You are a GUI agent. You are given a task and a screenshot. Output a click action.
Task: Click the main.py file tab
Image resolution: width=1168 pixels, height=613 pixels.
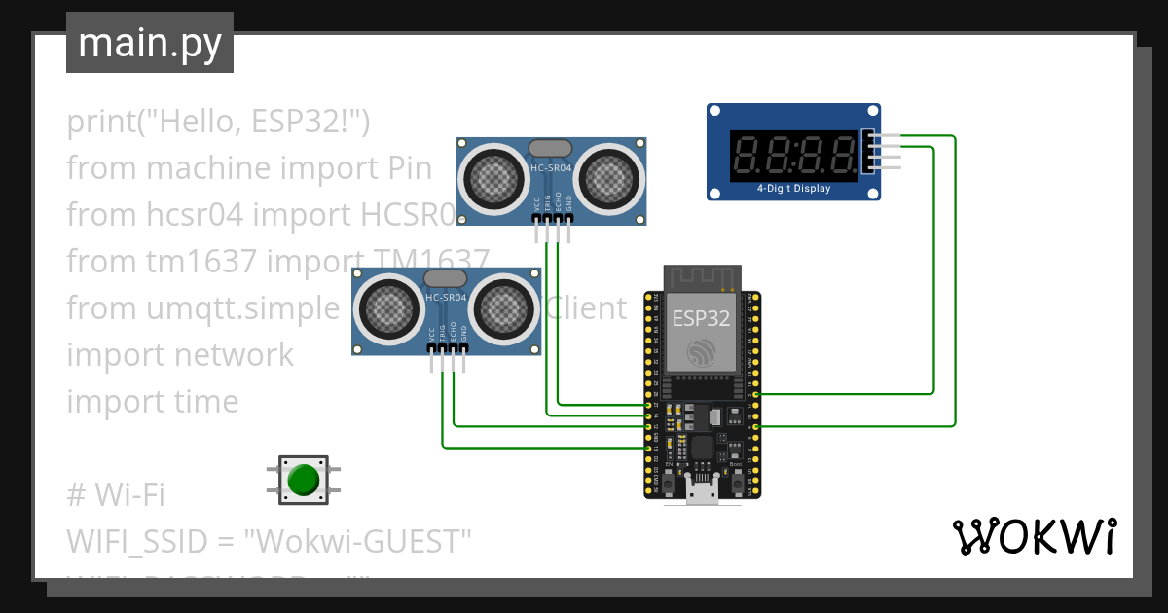149,43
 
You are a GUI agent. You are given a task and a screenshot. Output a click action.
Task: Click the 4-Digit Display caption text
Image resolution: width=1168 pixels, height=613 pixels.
793,189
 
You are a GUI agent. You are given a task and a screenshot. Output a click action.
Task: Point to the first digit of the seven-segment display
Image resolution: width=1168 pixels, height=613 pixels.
749,155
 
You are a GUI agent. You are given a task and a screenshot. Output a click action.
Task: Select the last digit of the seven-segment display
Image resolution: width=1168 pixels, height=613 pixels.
840,155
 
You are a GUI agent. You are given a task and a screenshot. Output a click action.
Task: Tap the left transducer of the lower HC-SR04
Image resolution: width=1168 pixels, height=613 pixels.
388,308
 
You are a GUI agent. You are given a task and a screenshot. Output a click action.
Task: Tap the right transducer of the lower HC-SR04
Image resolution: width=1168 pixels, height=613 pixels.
503,308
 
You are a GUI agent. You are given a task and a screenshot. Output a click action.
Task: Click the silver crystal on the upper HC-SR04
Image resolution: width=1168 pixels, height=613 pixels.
550,148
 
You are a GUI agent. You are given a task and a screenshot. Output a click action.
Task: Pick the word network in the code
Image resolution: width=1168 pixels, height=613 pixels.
234,355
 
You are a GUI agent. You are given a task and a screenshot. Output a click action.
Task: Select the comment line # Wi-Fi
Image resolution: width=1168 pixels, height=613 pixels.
115,495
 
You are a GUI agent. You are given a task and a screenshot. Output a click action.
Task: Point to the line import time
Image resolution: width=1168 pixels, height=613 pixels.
152,402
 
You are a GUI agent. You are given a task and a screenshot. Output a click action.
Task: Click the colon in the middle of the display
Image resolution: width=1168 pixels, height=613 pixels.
794,155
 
